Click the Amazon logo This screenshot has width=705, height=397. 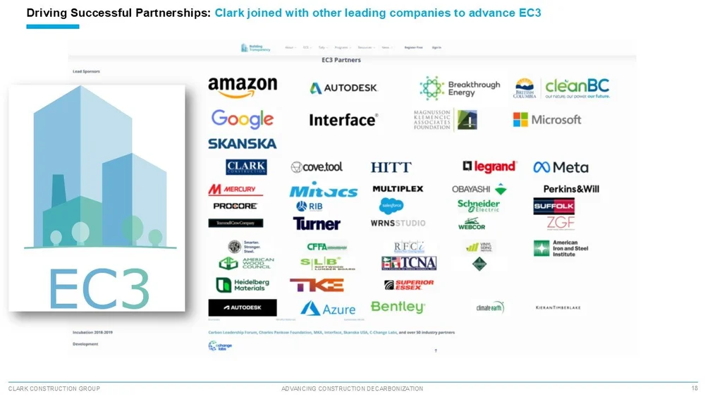coord(243,87)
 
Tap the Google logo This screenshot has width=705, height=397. coord(242,119)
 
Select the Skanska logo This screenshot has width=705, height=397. coord(242,143)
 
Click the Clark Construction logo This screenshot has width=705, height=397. coord(246,167)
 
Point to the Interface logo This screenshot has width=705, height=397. coord(343,120)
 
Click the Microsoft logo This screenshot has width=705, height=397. coord(547,120)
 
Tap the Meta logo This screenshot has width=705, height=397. coord(560,167)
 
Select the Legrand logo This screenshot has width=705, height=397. coord(489,166)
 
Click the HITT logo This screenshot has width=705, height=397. coord(391,167)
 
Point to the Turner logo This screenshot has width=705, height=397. coord(317,224)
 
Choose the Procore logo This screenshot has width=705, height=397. coord(235,206)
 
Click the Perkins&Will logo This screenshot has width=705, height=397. coord(571,189)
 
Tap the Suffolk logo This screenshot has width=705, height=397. coord(554,206)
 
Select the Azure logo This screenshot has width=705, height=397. coord(328,309)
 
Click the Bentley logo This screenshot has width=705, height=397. coord(398,307)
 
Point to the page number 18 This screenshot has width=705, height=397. coord(694,389)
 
